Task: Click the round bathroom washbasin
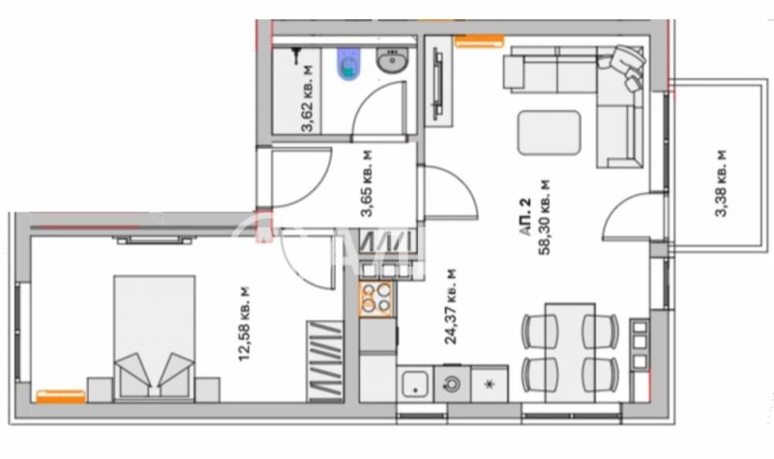[x=391, y=65]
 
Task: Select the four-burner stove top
[x=376, y=299]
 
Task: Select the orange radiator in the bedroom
[x=59, y=394]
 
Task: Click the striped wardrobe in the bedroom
[x=326, y=362]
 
